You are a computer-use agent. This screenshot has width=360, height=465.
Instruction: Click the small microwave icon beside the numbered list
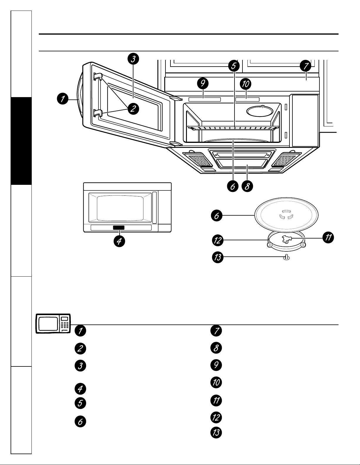(53, 324)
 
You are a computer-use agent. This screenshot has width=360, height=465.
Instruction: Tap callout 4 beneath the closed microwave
(119, 241)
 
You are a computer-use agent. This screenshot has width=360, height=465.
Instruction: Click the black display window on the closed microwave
(119, 227)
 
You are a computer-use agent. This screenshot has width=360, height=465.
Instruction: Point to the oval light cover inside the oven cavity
(260, 111)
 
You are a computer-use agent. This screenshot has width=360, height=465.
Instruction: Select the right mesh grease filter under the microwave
(287, 160)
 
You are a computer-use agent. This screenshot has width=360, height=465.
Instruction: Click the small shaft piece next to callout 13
(287, 258)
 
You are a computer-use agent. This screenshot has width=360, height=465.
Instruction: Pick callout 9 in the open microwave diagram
(203, 83)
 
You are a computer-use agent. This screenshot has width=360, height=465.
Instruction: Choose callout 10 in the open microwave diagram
(246, 84)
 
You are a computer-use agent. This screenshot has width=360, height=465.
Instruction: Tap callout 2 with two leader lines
(133, 109)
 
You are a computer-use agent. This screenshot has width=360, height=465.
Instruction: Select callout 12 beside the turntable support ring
(217, 240)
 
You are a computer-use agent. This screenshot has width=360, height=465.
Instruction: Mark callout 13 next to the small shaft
(217, 257)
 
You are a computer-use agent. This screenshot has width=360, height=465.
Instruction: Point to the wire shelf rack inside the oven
(233, 128)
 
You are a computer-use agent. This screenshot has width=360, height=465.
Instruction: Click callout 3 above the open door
(133, 59)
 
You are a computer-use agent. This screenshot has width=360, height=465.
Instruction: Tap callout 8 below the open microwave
(247, 186)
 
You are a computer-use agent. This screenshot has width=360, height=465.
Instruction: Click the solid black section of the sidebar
(21, 141)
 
